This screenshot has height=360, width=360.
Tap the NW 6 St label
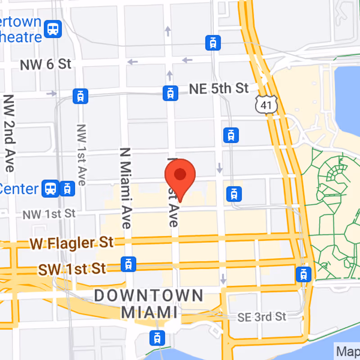pos(45,64)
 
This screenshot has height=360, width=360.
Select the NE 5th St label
pos(219,88)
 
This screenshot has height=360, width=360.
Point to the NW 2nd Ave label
pos(9,133)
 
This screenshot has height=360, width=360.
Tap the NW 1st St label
pos(49,214)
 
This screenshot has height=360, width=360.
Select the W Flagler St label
pos(72,243)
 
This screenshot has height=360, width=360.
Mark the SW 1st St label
pos(72,269)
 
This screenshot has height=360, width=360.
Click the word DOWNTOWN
pos(148,296)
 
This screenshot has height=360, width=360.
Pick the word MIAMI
pos(149,312)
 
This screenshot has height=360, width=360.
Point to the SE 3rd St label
pos(262,317)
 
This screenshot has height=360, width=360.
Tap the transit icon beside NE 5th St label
pos(170,93)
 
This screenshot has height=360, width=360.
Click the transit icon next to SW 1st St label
pos(128,264)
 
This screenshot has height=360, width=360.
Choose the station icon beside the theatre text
pos(54,29)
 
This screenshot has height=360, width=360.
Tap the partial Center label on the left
pos(19,189)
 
